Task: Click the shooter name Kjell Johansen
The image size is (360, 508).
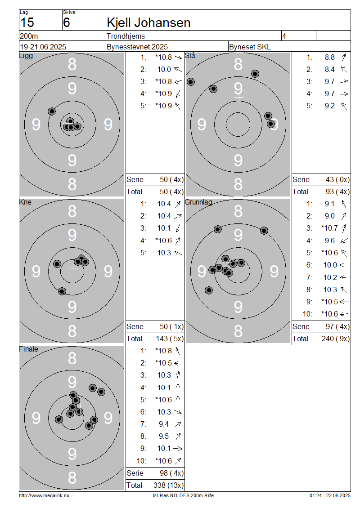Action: click(148, 22)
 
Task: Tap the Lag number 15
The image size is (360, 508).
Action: click(27, 22)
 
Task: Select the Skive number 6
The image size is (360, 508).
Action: click(67, 22)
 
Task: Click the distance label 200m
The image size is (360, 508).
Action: click(29, 36)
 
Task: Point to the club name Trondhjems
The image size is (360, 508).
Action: click(126, 36)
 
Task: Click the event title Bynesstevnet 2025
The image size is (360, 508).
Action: click(137, 47)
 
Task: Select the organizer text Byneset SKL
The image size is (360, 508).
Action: click(250, 47)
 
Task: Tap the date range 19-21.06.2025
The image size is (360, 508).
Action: click(43, 47)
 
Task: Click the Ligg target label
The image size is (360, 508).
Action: click(26, 55)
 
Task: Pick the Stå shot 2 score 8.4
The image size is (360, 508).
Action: click(329, 69)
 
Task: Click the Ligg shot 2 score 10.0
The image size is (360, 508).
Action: click(164, 69)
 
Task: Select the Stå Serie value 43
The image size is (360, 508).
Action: click(330, 179)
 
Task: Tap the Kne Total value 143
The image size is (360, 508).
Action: click(162, 339)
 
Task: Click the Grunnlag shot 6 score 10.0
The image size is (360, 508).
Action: click(330, 265)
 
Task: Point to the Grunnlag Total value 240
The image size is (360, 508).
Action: click(328, 339)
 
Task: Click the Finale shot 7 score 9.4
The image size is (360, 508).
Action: click(163, 424)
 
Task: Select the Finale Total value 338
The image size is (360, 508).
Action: click(159, 486)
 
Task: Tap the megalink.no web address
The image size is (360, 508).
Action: click(44, 496)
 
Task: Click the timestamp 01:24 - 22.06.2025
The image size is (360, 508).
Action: click(330, 496)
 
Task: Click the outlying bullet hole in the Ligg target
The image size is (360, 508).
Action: click(52, 111)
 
